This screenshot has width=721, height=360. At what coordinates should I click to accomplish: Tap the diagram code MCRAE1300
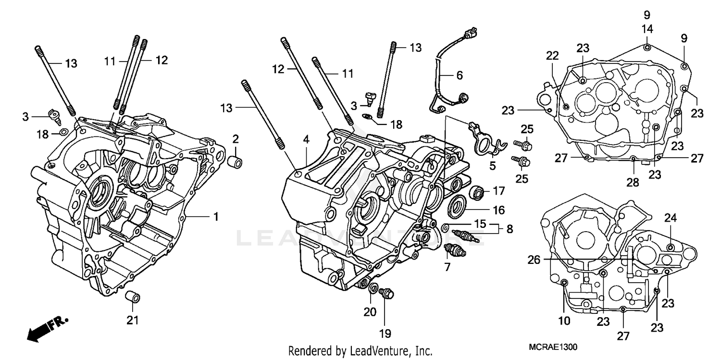pos(552,347)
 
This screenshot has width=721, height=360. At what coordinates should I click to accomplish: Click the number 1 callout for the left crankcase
pos(216,217)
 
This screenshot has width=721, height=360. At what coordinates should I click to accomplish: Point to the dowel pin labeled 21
pos(132,298)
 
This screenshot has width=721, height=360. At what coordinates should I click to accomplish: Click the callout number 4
pos(306,140)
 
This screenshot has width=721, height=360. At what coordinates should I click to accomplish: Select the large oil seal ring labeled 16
pos(458,207)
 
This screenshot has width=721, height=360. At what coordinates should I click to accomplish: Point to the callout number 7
pos(448,267)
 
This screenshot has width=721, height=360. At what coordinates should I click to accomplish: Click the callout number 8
pos(509,229)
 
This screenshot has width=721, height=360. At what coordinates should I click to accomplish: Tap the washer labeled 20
pos(373,289)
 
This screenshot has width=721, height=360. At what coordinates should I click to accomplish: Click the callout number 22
pos(552,56)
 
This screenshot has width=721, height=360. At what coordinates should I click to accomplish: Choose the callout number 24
pos(671,218)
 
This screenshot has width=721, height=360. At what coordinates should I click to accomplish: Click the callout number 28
pos(633,182)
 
